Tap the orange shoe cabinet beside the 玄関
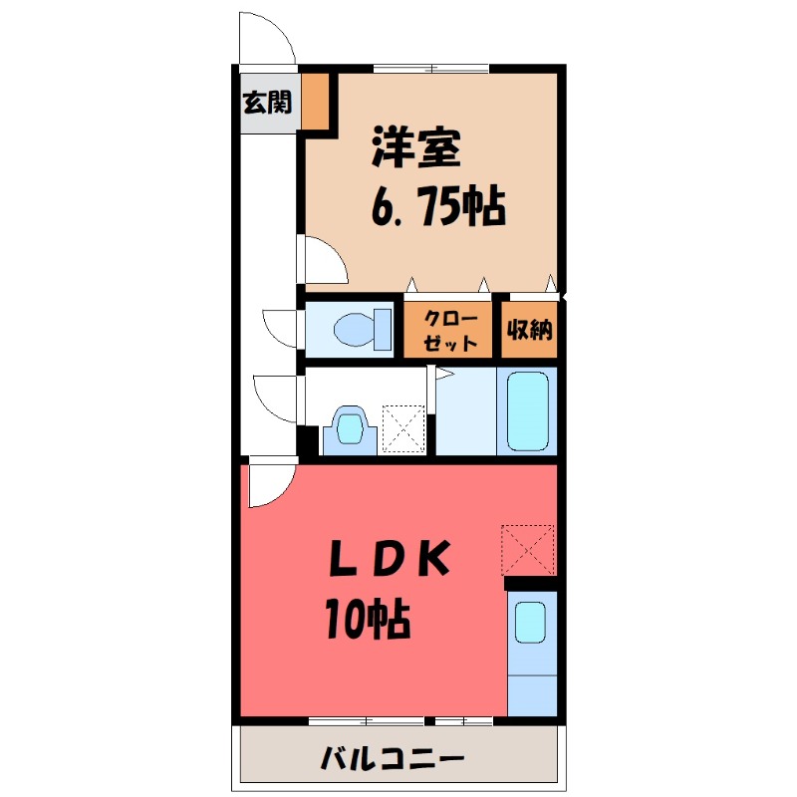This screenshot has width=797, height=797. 315,101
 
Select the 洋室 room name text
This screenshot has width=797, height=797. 416,150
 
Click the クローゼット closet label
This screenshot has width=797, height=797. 447,329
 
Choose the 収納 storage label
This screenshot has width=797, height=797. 529,329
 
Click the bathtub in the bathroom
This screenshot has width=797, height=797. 528,411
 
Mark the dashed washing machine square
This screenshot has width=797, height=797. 405,428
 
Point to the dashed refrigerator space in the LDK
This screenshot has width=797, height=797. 527,548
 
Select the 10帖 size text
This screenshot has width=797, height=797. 367,620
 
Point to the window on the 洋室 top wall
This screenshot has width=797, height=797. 431,68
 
